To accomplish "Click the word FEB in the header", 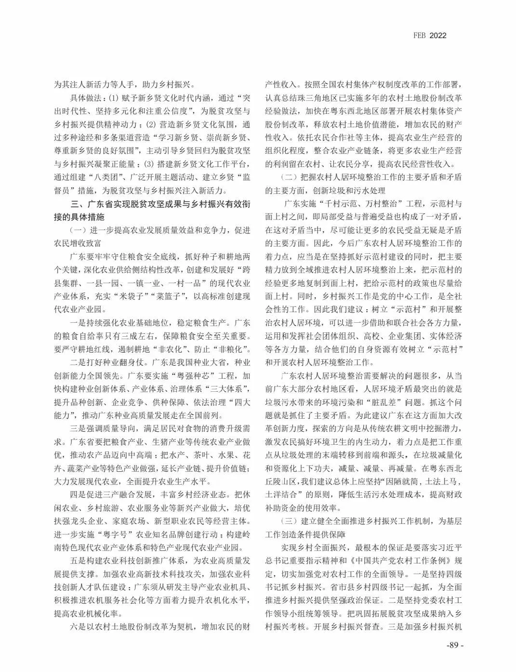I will pos(419,35).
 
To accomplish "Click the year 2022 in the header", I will pos(438,35).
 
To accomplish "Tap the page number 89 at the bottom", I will pos(454,645).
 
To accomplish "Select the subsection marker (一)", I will pos(79,230).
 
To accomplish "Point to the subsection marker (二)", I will pos(290,177).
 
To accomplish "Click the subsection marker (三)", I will pos(290,521).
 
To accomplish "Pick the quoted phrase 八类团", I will pos(111,177).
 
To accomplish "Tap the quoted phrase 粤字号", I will pos(113,534).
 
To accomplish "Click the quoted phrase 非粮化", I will pos(234,349).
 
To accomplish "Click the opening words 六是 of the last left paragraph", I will pos(78,627).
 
